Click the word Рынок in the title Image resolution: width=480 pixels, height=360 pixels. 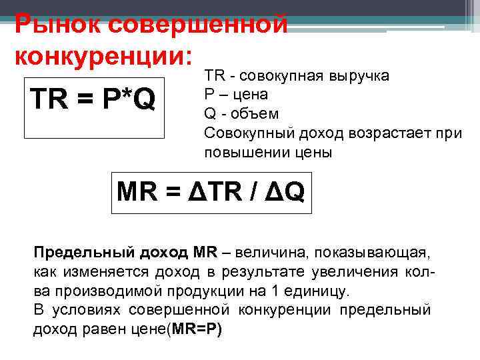coord(57,24)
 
